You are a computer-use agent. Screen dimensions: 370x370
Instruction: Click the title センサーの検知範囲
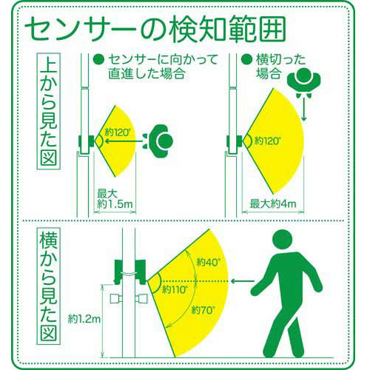(155, 31)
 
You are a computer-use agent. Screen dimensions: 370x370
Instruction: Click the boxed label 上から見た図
(49, 111)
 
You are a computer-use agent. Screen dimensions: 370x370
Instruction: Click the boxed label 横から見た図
(49, 286)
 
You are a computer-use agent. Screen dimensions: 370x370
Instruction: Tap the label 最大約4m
(272, 204)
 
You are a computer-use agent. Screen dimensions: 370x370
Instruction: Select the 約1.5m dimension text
(115, 204)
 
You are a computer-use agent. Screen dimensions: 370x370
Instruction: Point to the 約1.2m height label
(84, 320)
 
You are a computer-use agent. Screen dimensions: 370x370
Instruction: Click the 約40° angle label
(207, 262)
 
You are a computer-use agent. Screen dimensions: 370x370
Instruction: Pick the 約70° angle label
(203, 310)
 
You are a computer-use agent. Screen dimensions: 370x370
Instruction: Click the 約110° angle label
(175, 289)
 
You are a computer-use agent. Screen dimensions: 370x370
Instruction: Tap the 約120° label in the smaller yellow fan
(117, 132)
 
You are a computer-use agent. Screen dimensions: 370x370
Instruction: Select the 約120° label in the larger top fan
(267, 141)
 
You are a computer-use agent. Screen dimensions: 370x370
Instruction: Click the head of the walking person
(283, 239)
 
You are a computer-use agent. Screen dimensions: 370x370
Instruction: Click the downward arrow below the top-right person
(304, 110)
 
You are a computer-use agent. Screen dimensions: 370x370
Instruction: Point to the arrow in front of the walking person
(243, 280)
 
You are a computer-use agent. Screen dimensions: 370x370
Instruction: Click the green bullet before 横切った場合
(246, 59)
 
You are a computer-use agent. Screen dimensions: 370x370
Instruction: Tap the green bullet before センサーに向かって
(98, 59)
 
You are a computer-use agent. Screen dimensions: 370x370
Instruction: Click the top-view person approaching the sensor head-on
(158, 141)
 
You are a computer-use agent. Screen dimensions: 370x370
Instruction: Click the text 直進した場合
(147, 73)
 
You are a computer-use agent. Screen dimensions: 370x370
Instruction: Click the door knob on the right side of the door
(141, 299)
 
